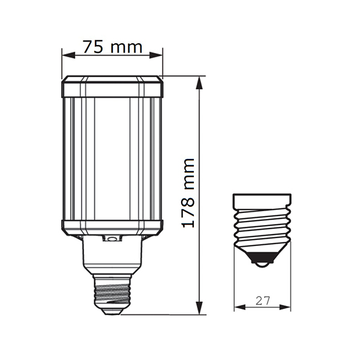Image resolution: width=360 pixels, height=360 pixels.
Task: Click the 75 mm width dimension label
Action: (113, 47)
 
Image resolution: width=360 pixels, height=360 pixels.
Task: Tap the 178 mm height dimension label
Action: (188, 193)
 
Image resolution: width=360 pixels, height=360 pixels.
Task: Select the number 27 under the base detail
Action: (263, 301)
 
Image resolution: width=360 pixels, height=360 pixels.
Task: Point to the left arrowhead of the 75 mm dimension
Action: (68, 55)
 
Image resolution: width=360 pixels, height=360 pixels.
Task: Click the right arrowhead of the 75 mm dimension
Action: (156, 55)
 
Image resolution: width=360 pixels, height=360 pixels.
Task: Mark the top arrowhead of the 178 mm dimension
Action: (200, 83)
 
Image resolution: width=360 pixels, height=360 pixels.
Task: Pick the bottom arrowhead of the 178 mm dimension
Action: (200, 308)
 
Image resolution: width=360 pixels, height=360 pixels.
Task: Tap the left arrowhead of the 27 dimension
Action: (240, 307)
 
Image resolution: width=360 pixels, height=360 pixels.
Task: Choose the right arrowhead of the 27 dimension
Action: (284, 307)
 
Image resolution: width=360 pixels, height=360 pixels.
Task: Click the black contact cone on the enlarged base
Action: (262, 257)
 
